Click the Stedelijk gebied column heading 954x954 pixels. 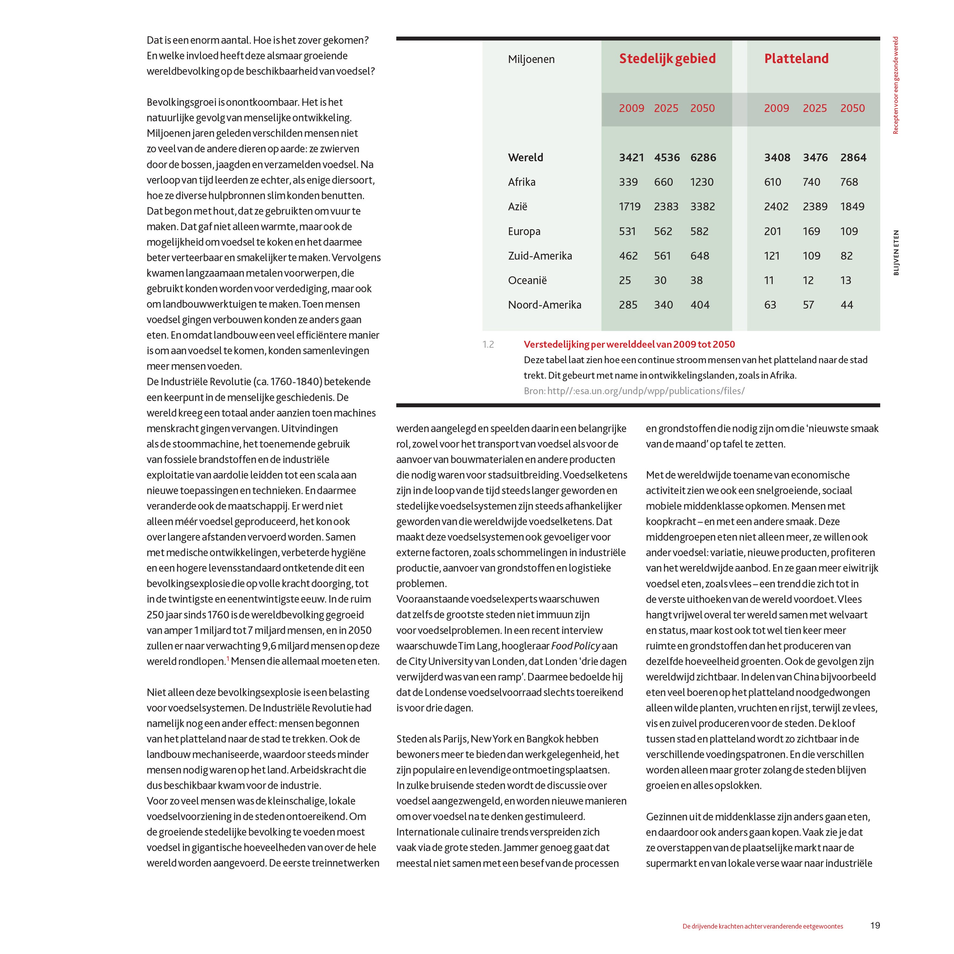pos(667,59)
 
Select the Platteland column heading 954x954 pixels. pos(796,59)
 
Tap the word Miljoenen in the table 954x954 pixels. pos(531,59)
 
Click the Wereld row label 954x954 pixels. pos(525,157)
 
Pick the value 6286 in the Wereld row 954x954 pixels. pos(703,157)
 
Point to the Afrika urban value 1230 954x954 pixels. pos(702,182)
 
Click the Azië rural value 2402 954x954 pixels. pos(776,206)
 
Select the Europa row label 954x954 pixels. pos(524,231)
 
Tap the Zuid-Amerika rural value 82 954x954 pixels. pos(846,256)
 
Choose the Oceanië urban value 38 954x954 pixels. pos(696,280)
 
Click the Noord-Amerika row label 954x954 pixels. pos(544,305)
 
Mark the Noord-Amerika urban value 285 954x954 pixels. pos(628,305)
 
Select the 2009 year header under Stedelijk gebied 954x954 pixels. pos(632,108)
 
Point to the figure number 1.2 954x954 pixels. pos(488,345)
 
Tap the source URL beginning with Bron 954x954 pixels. pos(634,391)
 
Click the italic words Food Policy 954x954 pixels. pos(575,646)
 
